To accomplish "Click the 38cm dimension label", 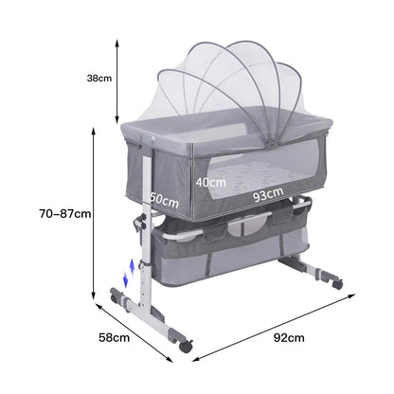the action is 99,78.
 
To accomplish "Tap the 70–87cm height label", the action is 65,214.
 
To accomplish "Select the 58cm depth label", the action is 115,337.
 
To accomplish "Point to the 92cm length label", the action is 289,338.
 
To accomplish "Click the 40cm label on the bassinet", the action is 210,183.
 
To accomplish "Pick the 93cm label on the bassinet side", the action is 268,194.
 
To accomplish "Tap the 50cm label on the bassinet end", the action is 164,200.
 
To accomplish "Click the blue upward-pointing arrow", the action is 133,267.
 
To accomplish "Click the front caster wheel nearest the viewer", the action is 186,345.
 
